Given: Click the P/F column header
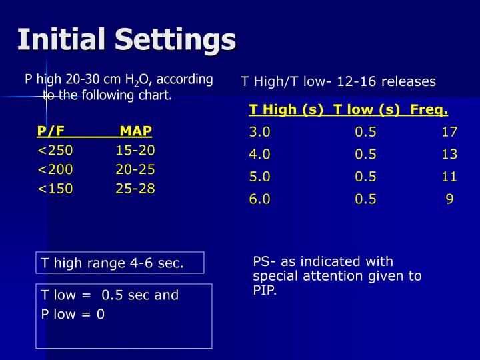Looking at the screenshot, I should (51, 131).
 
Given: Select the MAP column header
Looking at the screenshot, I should (135, 131).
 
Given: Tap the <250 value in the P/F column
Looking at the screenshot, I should (55, 150).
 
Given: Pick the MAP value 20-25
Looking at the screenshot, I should (135, 169).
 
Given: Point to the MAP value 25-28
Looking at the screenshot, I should (135, 189).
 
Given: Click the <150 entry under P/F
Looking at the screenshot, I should (55, 189).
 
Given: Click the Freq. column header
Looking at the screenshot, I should (429, 110).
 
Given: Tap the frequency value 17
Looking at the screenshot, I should (449, 132).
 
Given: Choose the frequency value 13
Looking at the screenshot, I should (449, 155).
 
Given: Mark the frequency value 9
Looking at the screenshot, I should (450, 199).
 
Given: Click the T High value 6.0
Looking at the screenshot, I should (259, 199).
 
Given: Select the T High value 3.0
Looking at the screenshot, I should (259, 132).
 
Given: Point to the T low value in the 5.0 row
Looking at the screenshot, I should (365, 177).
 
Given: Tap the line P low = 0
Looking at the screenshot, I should (73, 314).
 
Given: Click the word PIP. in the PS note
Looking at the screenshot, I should (265, 291).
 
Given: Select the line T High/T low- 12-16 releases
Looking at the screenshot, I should (338, 81).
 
